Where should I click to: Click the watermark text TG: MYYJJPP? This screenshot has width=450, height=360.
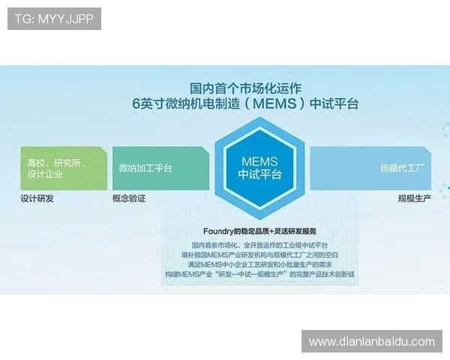54,19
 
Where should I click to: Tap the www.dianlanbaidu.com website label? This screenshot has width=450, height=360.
371,342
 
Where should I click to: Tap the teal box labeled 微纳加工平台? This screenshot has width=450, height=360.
159,168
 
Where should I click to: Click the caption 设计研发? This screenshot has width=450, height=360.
37,199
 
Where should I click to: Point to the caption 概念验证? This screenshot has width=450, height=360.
128,199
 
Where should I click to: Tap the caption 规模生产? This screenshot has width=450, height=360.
415,199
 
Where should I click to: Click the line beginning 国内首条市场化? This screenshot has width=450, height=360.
259,245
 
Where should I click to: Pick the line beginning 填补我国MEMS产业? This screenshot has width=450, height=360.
259,255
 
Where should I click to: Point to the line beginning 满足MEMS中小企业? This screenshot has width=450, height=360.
259,265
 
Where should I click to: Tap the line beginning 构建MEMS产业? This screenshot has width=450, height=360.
259,274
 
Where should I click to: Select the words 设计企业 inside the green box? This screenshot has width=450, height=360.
45,174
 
